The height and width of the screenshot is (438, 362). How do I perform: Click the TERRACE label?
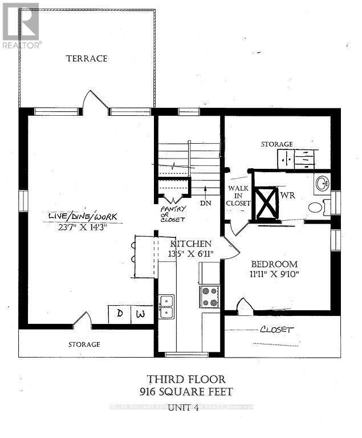click(87, 58)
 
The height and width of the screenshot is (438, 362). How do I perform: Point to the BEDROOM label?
click(275, 264)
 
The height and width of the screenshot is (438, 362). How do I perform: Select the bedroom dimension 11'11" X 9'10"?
click(275, 274)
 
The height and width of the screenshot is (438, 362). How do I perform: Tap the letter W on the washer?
click(141, 313)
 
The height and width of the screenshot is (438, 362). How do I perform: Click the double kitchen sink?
click(166, 306)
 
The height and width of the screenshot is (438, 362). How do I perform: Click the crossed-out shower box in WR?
click(266, 203)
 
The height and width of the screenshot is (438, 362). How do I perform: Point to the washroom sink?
click(322, 184)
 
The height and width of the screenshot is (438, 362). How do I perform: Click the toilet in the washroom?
click(315, 208)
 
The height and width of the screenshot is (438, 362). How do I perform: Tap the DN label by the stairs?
click(205, 202)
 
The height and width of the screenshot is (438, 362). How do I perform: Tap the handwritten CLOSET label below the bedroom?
click(276, 330)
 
